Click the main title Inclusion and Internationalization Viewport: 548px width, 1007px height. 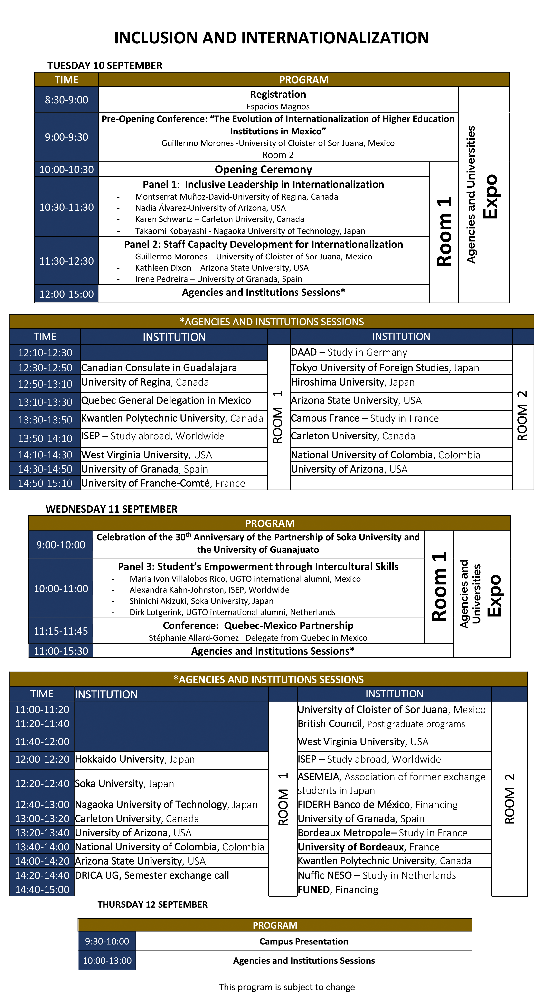pyautogui.click(x=271, y=38)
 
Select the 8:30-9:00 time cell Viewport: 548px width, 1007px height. pyautogui.click(x=66, y=100)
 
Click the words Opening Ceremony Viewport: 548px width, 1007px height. pyautogui.click(x=264, y=170)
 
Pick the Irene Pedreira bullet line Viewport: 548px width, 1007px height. pyautogui.click(x=218, y=279)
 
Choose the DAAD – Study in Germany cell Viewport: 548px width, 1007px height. pyautogui.click(x=349, y=352)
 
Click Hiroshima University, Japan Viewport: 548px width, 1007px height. pyautogui.click(x=353, y=382)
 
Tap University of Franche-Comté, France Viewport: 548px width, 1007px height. pyautogui.click(x=163, y=483)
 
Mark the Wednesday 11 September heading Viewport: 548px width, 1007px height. pyautogui.click(x=111, y=509)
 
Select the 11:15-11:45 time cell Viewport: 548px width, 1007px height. pyautogui.click(x=61, y=631)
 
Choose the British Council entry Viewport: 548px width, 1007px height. pyautogui.click(x=381, y=724)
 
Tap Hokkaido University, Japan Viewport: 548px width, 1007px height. pyautogui.click(x=134, y=759)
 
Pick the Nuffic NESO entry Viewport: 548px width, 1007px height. pyautogui.click(x=376, y=875)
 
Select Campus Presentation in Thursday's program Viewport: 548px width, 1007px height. pyautogui.click(x=304, y=941)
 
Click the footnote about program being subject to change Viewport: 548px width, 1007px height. pyautogui.click(x=286, y=987)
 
